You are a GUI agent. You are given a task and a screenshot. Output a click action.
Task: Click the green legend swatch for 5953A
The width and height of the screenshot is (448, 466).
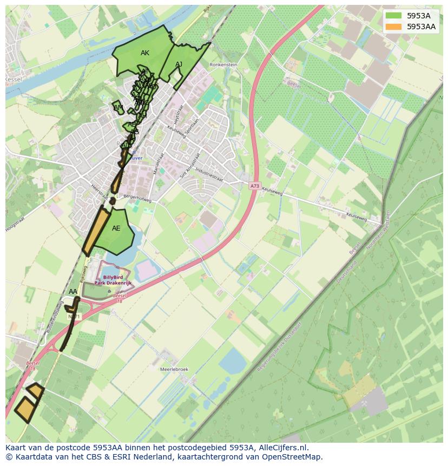pyautogui.click(x=394, y=16)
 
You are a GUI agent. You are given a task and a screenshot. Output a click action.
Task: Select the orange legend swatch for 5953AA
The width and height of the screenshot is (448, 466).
pyautogui.click(x=394, y=26)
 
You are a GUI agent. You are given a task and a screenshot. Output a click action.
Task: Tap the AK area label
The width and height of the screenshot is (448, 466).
pyautogui.click(x=144, y=53)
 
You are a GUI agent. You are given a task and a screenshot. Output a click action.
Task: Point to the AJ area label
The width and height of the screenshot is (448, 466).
pyautogui.click(x=179, y=64)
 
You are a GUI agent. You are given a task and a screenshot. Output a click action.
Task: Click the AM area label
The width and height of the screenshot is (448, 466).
pyautogui.click(x=118, y=108)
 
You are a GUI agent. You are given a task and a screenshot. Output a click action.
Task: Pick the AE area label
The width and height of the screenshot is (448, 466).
pyautogui.click(x=116, y=228)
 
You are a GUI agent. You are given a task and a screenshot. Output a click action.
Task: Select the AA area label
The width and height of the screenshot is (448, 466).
pyautogui.click(x=73, y=292)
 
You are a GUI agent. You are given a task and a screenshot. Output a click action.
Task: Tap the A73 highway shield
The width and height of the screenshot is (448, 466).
pyautogui.click(x=255, y=186)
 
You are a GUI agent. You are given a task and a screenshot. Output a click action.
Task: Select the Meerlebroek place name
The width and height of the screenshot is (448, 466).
pyautogui.click(x=174, y=369)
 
